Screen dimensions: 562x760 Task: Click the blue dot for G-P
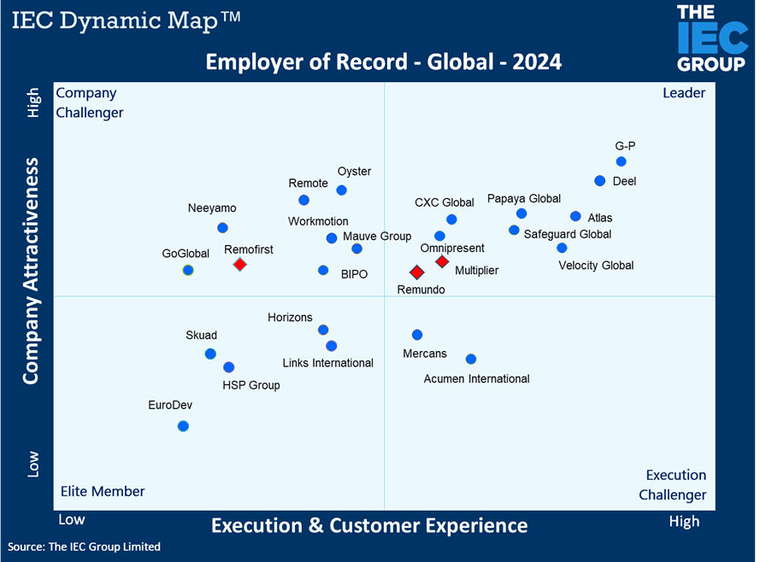tap(621, 161)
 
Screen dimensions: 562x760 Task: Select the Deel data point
tap(599, 180)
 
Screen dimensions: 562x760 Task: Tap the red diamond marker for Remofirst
tap(240, 265)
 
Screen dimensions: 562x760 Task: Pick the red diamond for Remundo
tap(416, 272)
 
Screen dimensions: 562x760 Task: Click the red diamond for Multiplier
tap(442, 261)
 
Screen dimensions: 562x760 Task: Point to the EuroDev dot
tap(183, 426)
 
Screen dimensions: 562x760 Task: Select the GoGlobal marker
tap(188, 270)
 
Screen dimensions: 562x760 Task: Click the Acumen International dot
tap(471, 359)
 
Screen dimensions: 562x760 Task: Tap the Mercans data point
tap(417, 335)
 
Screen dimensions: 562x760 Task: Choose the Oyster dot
tap(342, 190)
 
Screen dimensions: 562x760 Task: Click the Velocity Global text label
tap(596, 266)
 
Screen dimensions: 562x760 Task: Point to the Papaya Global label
tap(524, 199)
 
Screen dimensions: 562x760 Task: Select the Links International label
tap(328, 363)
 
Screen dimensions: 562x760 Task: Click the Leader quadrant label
tap(684, 93)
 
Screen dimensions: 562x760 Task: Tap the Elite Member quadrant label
tap(103, 491)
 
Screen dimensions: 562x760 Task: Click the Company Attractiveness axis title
tap(32, 270)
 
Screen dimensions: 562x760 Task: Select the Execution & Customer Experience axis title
tap(369, 524)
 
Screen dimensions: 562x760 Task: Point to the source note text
tap(85, 547)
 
